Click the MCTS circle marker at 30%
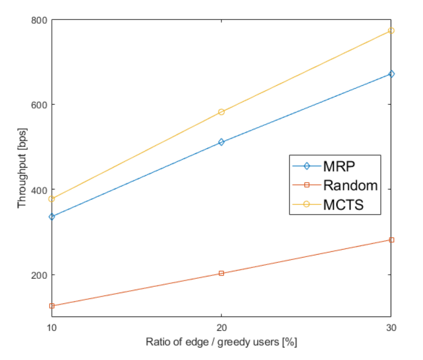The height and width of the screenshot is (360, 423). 391,31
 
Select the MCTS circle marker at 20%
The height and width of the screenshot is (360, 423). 221,112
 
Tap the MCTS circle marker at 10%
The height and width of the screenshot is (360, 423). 51,199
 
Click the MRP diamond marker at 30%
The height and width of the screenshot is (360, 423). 391,74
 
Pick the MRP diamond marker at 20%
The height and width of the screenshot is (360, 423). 221,142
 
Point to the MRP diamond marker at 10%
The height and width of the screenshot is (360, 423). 51,217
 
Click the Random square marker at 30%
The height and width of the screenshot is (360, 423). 391,240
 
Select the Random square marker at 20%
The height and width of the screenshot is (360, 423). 221,273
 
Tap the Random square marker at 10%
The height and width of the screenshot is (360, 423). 51,306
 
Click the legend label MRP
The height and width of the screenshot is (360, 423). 339,166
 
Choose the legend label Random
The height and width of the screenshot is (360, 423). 350,185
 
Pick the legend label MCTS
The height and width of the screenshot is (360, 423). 344,204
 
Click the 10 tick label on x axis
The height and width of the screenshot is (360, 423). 51,327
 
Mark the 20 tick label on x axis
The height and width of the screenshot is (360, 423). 221,327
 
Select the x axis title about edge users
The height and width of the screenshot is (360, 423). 221,342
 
